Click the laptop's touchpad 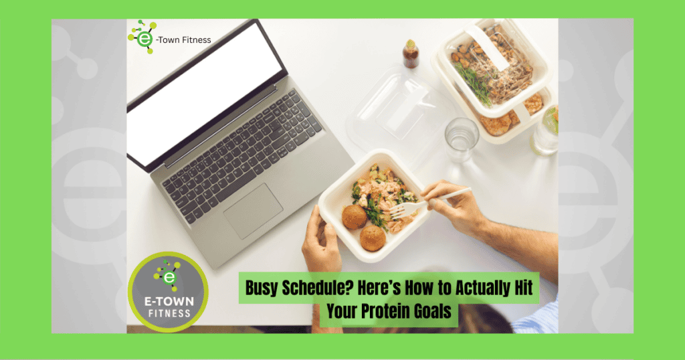click(254, 211)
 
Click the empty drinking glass click(462, 139)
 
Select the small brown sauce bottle click(410, 54)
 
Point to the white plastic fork click(429, 202)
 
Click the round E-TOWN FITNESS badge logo click(168, 291)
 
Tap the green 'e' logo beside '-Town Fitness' click(142, 37)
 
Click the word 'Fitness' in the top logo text click(197, 39)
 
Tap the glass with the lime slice click(545, 130)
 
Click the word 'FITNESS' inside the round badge click(169, 313)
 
